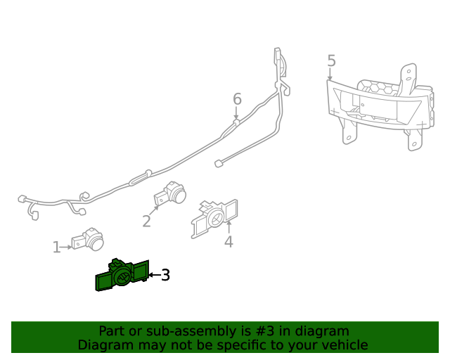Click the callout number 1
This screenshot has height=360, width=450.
(56, 247)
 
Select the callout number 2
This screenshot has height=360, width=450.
(146, 221)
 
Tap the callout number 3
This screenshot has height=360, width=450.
(165, 275)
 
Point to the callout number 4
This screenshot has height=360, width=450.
(229, 243)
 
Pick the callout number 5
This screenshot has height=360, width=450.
(331, 61)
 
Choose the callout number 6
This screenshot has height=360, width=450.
(237, 99)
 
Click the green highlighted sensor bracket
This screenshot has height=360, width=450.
(121, 276)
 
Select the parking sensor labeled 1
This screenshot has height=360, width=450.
(88, 240)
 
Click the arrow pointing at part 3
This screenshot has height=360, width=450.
(153, 275)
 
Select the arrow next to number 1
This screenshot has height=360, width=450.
(66, 247)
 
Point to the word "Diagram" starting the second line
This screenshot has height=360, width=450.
(105, 345)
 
